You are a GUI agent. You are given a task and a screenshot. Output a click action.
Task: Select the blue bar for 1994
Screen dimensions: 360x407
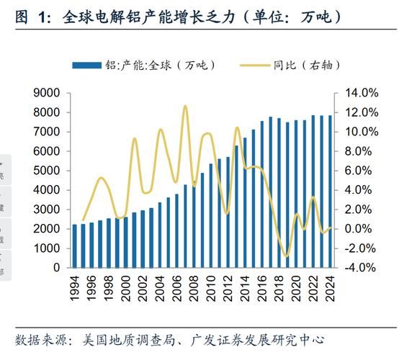point(74,246)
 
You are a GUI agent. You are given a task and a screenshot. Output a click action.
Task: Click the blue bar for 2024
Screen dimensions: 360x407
point(329,192)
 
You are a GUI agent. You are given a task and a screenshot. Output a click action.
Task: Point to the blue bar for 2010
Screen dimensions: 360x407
point(211,215)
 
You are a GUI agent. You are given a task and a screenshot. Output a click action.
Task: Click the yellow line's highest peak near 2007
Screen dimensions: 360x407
point(185,106)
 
